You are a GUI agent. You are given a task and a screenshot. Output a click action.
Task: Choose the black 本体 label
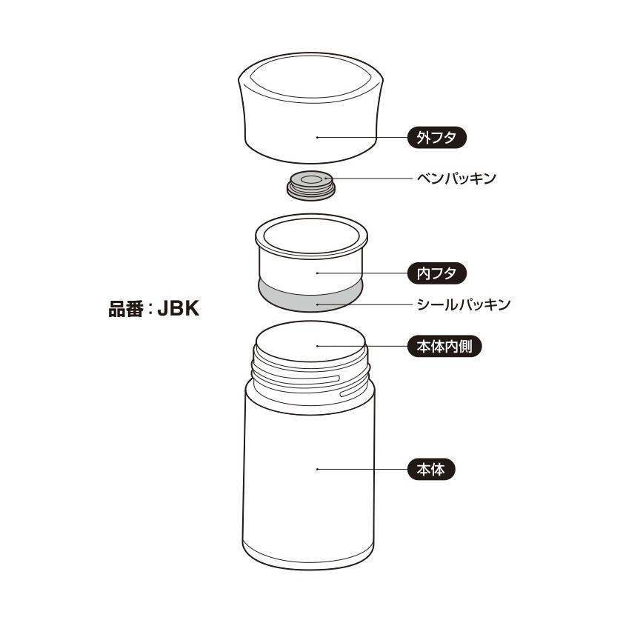click(430, 469)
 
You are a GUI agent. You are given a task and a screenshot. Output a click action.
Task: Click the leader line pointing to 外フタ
click(363, 137)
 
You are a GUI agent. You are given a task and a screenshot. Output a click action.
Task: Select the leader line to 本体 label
click(363, 469)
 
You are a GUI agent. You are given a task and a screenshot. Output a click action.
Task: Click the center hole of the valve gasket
click(310, 179)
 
